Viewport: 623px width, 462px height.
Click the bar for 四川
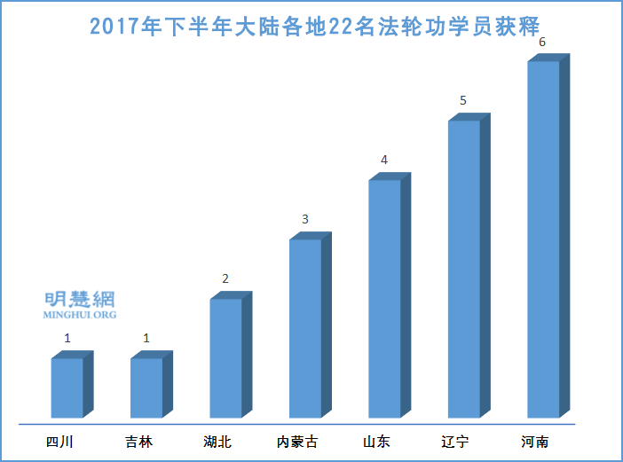(67, 388)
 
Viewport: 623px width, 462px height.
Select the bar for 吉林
(146, 388)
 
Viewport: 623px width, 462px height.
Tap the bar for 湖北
(225, 358)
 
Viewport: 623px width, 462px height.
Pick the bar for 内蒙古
(305, 328)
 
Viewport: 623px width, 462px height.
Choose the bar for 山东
(384, 299)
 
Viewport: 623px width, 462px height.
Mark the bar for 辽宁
(464, 269)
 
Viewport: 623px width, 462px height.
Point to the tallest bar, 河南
(543, 239)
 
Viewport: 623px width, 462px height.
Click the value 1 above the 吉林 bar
(146, 338)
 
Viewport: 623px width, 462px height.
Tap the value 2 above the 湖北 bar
(225, 278)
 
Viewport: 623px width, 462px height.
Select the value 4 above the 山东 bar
(384, 161)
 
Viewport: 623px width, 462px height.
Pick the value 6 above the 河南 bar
(543, 42)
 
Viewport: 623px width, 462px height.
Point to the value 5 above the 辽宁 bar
(463, 101)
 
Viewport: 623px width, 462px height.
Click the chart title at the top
(315, 25)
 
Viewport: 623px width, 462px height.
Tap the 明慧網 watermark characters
(80, 300)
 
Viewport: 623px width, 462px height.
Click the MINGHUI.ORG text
(80, 314)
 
